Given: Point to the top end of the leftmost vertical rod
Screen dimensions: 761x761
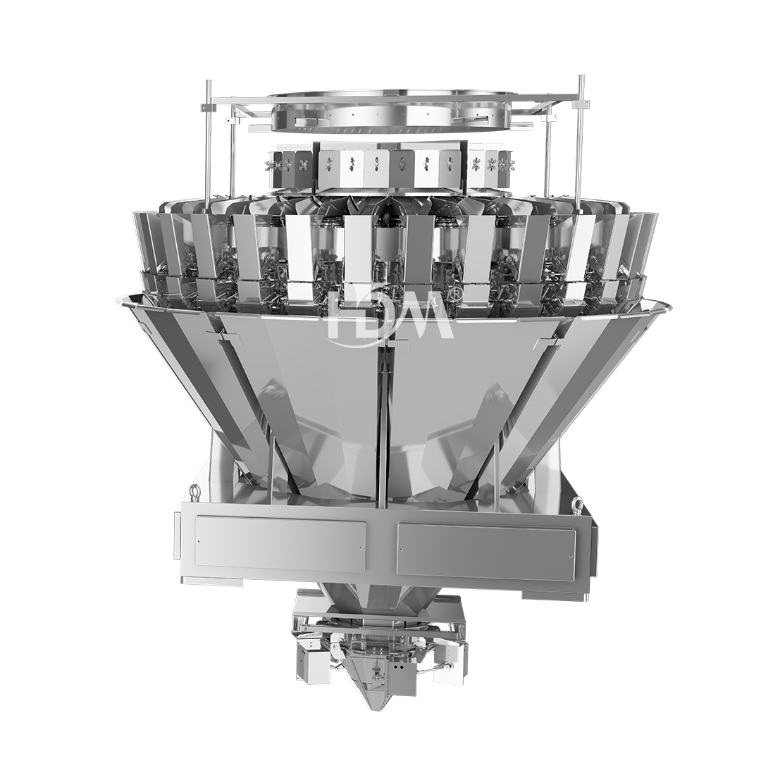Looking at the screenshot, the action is tap(209, 80).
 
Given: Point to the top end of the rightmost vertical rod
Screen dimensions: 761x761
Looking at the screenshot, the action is tap(579, 76).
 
